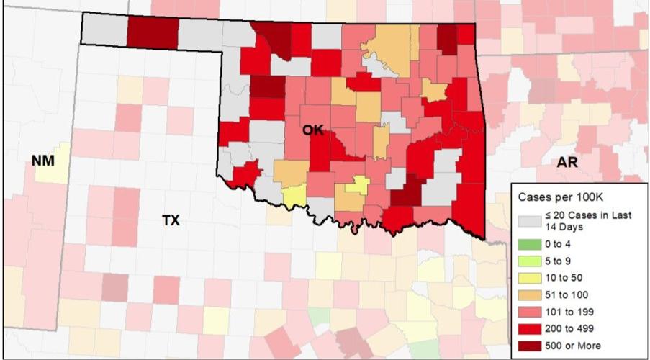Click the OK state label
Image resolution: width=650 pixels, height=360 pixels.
[312, 130]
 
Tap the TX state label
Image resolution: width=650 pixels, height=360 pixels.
[170, 221]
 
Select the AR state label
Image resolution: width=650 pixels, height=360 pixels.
[567, 163]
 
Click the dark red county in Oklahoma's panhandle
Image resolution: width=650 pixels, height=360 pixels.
[153, 32]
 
